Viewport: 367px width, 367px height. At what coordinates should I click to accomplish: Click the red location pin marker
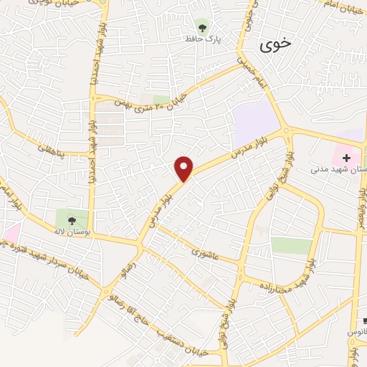pyautogui.click(x=185, y=168)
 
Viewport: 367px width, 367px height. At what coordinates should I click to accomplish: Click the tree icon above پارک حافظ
pyautogui.click(x=203, y=29)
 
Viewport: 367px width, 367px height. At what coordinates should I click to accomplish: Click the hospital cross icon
pyautogui.click(x=347, y=157)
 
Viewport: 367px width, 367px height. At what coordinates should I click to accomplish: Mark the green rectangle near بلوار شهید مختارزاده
pyautogui.click(x=292, y=246)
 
